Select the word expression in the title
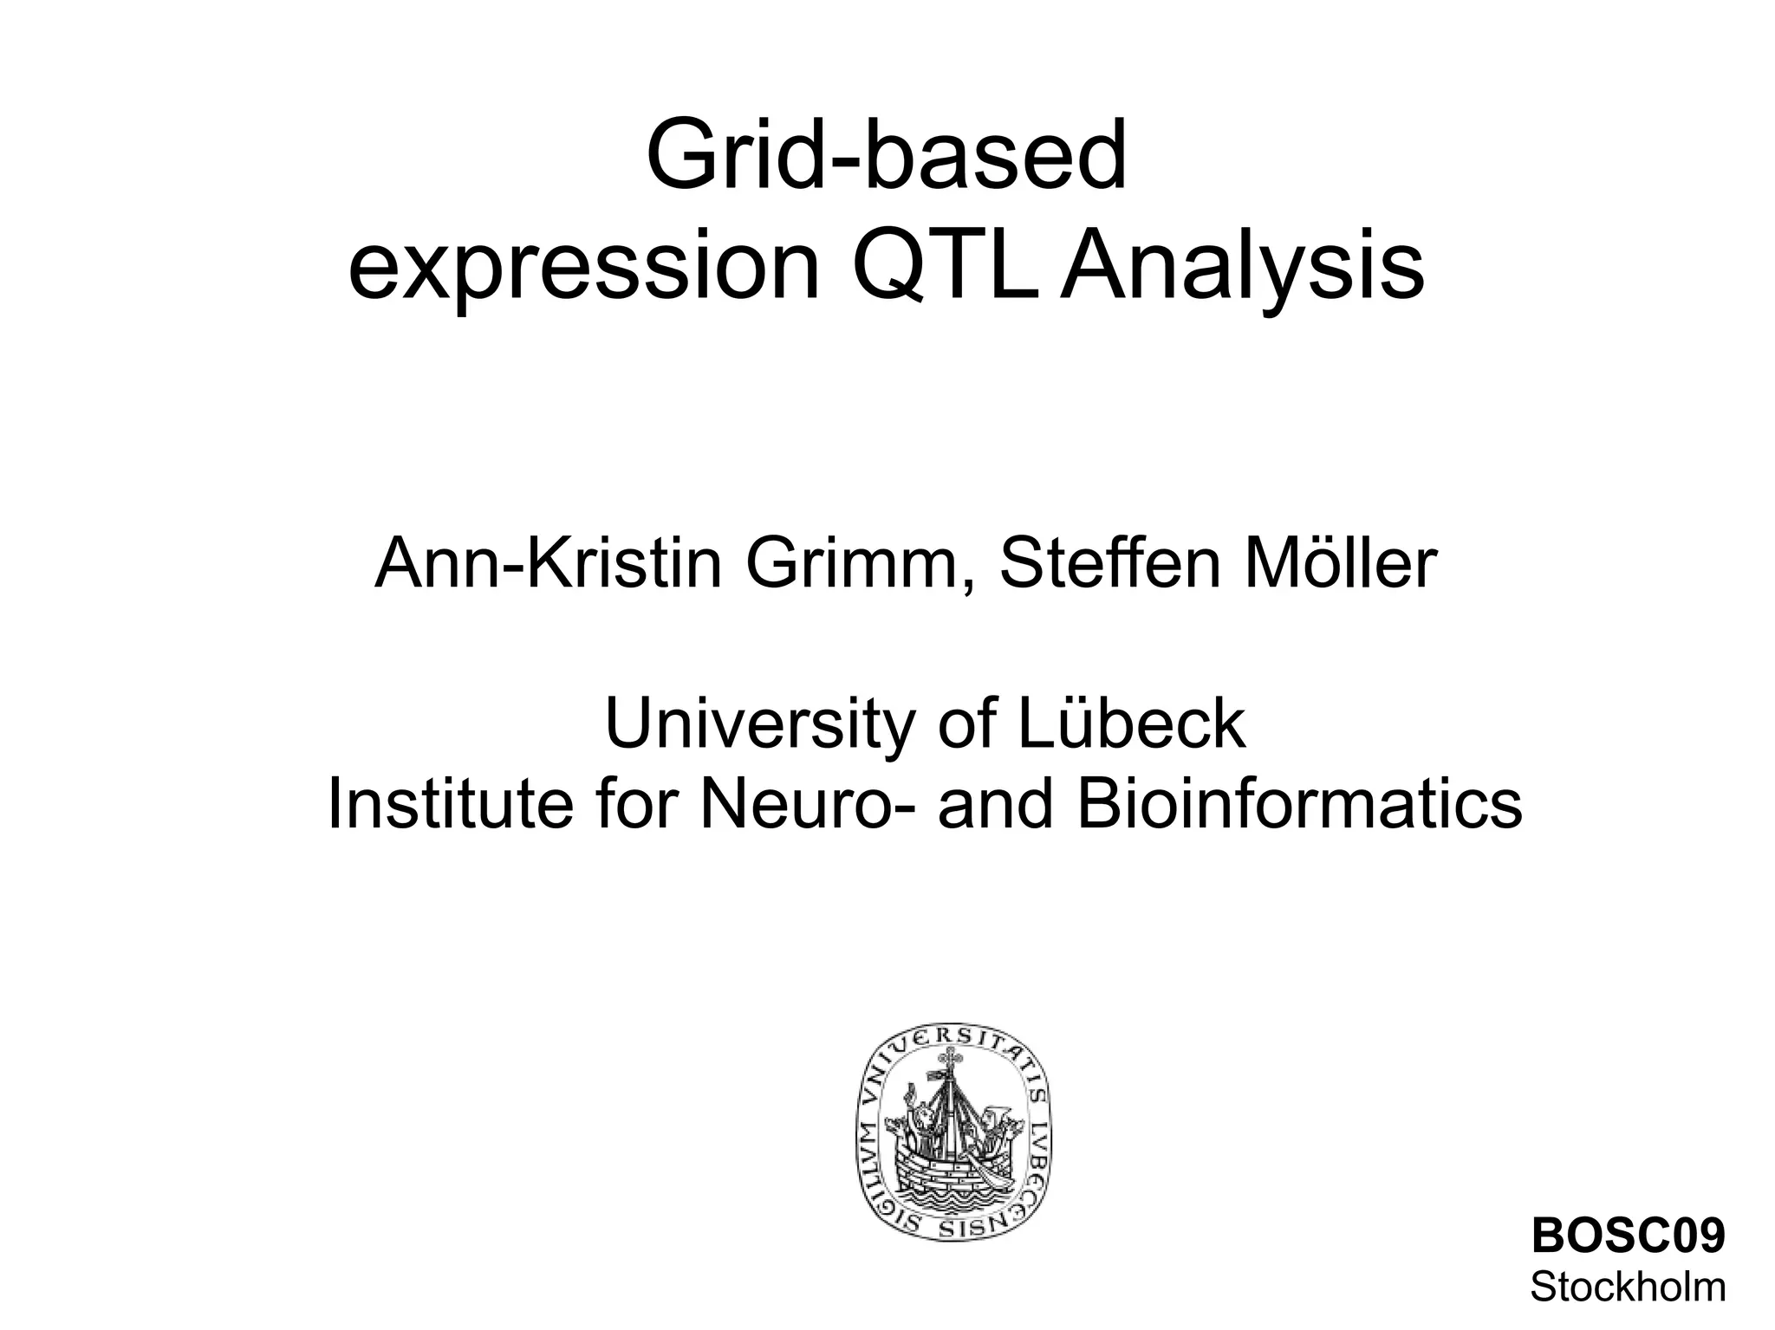click(x=582, y=269)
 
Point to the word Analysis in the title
click(x=1242, y=269)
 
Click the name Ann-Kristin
click(x=548, y=564)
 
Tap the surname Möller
click(x=1340, y=564)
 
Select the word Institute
click(x=450, y=804)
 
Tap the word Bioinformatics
click(x=1298, y=804)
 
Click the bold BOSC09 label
click(x=1629, y=1236)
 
